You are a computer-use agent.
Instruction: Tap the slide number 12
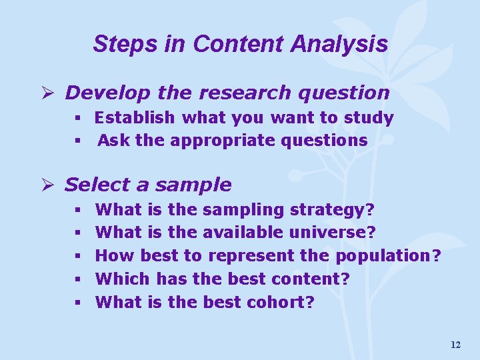point(455,345)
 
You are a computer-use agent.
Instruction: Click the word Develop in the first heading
point(99,93)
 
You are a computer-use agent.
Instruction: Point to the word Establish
point(135,118)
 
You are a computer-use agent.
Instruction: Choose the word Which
point(123,279)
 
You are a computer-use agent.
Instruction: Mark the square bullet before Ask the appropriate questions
point(77,141)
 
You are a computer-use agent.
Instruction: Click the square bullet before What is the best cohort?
point(77,303)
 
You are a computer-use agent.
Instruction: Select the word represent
point(251,255)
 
